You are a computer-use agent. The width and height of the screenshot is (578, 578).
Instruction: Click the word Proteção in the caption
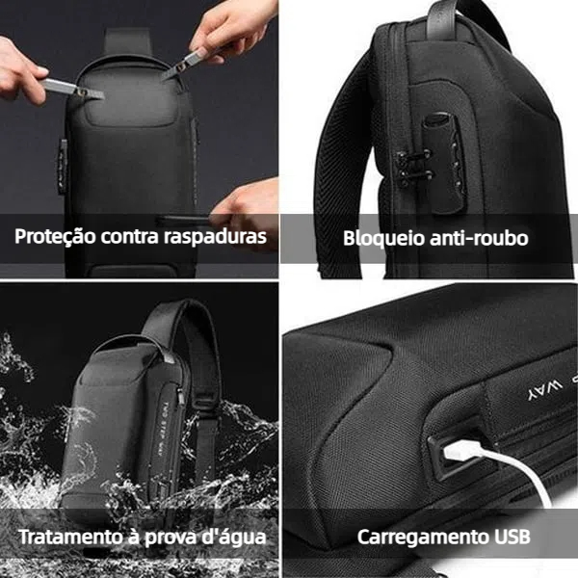[x=55, y=237]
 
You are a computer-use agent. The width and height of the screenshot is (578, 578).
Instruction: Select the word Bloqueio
[x=384, y=238]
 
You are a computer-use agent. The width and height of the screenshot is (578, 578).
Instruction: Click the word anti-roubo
[x=479, y=238]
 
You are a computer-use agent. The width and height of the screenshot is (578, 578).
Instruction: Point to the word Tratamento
[x=70, y=537]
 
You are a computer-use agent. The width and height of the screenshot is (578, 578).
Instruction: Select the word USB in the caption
[x=512, y=537]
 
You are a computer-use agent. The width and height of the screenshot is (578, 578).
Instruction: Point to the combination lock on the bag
[x=444, y=162]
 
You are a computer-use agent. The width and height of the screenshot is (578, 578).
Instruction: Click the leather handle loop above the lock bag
[x=442, y=18]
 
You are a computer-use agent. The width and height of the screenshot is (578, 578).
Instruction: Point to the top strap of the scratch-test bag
[x=127, y=41]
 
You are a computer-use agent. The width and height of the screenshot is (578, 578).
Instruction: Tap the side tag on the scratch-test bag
[x=63, y=167]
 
